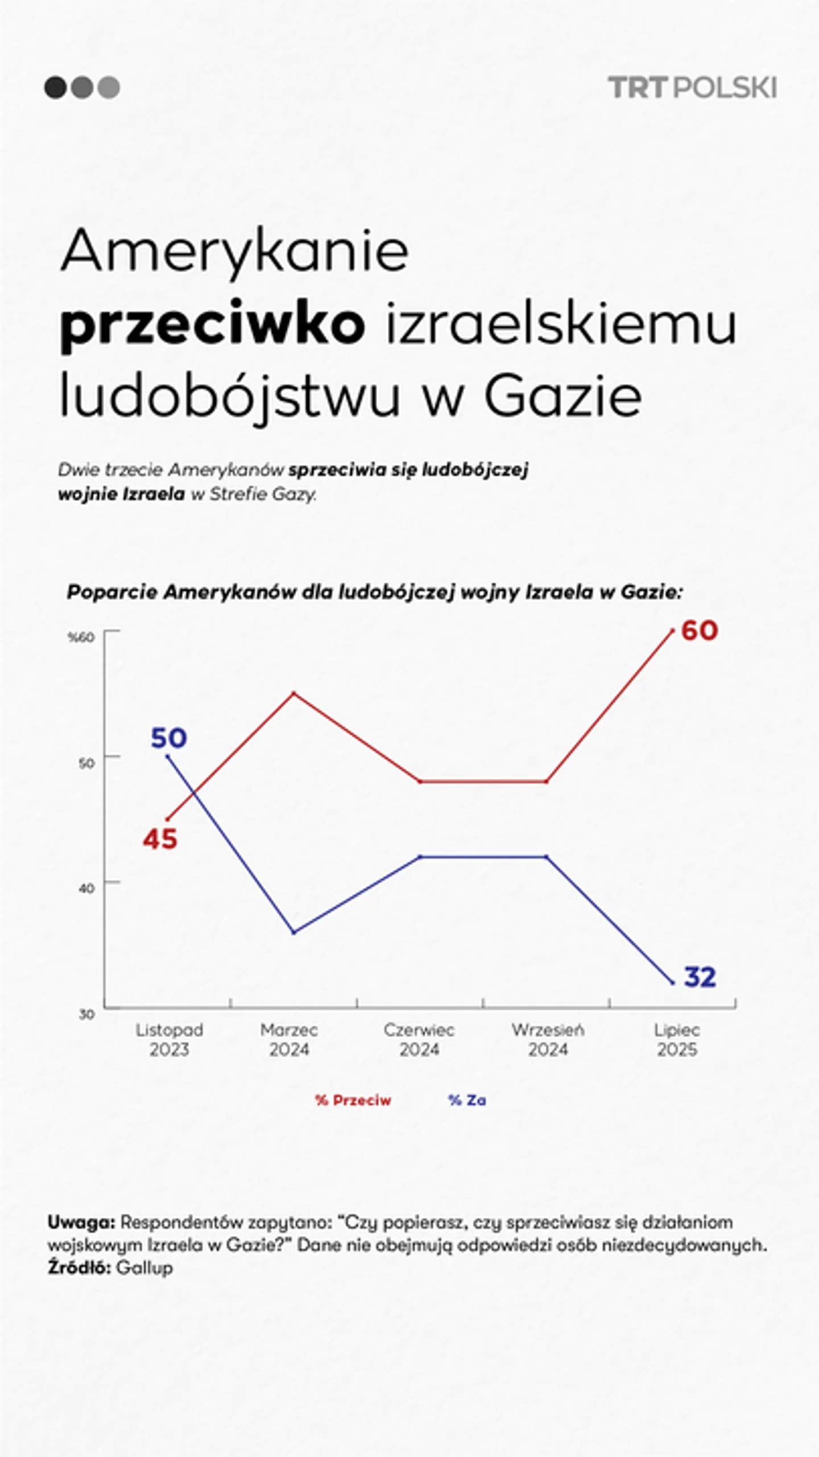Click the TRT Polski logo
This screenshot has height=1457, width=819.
click(692, 88)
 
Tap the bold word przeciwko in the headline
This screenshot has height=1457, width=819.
click(212, 326)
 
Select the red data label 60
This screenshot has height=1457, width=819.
click(699, 631)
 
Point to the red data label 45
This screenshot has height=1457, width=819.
click(160, 839)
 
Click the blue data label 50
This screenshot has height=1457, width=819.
click(168, 738)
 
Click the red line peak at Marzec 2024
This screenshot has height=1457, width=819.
click(293, 693)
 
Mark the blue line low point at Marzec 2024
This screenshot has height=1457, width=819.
click(293, 932)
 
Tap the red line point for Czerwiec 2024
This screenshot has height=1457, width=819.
click(420, 781)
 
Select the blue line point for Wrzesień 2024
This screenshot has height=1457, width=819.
click(547, 857)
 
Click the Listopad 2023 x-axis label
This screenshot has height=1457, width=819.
click(169, 1039)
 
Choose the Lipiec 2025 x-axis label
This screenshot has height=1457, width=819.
click(677, 1039)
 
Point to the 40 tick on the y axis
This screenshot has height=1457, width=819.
click(86, 888)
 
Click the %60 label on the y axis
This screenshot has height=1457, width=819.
click(81, 637)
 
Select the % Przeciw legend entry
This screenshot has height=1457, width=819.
click(353, 1100)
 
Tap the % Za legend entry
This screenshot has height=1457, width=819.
click(467, 1100)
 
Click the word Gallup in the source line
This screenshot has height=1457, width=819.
click(144, 1268)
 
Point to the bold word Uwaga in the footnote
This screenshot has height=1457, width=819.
click(81, 1222)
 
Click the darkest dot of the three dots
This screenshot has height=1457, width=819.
click(55, 88)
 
